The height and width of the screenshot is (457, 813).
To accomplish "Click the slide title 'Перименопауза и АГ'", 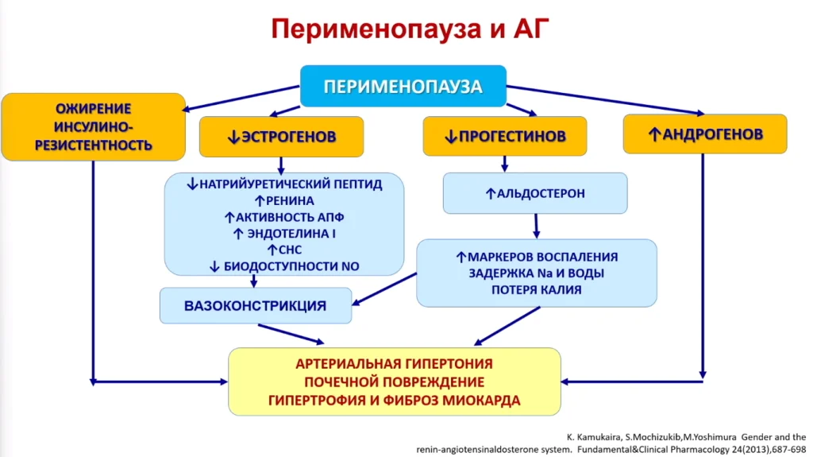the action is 410,29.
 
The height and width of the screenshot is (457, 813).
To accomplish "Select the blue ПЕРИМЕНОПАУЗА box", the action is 403,86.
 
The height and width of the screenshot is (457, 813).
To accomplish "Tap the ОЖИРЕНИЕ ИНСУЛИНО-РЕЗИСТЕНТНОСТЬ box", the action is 94,126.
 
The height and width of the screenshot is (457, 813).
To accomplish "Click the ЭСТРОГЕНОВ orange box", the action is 282,137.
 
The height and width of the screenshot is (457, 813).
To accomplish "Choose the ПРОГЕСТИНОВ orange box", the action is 505,136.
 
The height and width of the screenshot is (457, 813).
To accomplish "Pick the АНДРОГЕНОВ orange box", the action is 705,134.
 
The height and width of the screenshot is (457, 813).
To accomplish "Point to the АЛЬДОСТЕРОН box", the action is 535,193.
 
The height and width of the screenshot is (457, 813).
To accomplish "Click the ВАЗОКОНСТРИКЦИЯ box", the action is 256,305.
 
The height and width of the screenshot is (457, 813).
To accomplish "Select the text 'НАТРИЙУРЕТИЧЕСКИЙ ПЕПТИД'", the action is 291,184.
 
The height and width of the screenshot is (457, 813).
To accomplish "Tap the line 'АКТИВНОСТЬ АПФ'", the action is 290,217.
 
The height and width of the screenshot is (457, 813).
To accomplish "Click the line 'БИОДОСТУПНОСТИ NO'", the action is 291,266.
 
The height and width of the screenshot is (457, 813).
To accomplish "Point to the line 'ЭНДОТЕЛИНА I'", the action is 291,234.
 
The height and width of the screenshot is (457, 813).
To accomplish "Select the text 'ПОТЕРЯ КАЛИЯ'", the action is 537,290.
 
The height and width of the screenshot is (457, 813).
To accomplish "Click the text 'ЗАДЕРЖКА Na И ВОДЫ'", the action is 537,273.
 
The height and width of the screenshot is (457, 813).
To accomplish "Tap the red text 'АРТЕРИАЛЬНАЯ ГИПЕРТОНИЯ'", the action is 394,363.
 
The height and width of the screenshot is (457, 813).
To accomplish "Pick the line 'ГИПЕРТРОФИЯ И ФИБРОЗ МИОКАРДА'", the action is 394,401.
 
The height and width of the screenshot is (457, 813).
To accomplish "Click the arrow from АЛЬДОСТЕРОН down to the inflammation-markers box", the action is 536,226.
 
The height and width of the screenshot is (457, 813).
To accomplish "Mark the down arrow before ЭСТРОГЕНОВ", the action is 233,137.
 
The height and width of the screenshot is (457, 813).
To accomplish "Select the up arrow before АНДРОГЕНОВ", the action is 654,134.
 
